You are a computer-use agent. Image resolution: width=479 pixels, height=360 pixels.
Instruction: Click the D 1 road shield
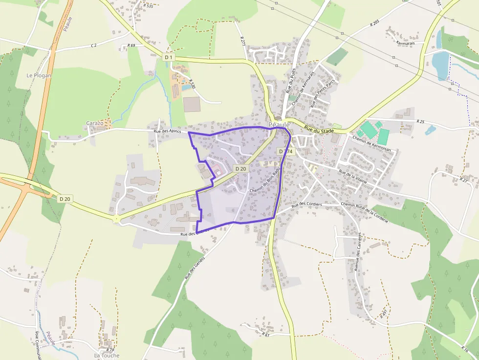tap(168, 57)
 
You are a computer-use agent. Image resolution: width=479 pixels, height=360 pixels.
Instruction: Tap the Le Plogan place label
tap(39, 76)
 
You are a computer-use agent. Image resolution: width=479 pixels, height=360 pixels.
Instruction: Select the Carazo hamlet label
tap(95, 123)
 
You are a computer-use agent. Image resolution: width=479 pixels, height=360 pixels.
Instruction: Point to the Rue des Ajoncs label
tap(167, 131)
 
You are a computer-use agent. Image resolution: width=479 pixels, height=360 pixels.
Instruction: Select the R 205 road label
tap(375, 22)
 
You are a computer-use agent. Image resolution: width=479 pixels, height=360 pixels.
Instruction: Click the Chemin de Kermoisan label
tap(372, 145)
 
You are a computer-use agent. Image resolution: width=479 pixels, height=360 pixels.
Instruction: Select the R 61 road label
tap(266, 335)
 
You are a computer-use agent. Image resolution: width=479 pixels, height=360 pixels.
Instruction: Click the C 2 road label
tap(94, 45)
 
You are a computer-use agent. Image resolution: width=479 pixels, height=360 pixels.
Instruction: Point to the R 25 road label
tap(420, 121)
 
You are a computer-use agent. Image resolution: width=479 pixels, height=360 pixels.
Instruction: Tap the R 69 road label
tap(131, 45)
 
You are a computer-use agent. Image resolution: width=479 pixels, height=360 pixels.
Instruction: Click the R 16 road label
tap(465, 349)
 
